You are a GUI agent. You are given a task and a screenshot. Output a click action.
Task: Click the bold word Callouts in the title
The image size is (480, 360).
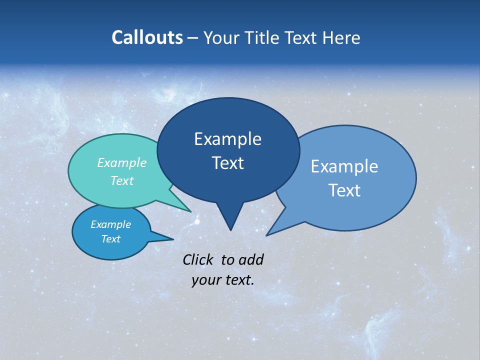click(147, 37)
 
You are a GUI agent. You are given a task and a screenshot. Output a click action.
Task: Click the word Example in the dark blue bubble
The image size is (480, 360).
click(227, 139)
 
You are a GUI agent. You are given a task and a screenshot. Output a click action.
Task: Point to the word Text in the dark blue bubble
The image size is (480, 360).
click(227, 163)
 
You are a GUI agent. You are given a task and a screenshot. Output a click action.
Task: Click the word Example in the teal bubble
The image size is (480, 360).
click(122, 163)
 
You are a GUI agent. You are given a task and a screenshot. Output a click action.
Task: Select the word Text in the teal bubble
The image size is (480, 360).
click(122, 180)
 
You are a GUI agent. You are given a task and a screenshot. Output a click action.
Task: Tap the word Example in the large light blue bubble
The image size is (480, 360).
click(344, 166)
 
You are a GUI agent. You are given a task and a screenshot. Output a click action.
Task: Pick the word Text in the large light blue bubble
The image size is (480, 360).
click(344, 190)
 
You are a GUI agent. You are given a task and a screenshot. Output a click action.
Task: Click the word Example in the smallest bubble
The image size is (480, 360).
click(110, 224)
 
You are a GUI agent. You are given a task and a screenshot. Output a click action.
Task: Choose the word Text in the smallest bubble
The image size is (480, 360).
click(110, 239)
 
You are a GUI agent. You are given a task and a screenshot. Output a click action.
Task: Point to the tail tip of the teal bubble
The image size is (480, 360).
click(190, 211)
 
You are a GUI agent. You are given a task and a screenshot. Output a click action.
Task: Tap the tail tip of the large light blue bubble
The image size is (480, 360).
click(267, 235)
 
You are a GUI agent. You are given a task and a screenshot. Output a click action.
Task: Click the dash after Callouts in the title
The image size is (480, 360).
click(193, 38)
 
